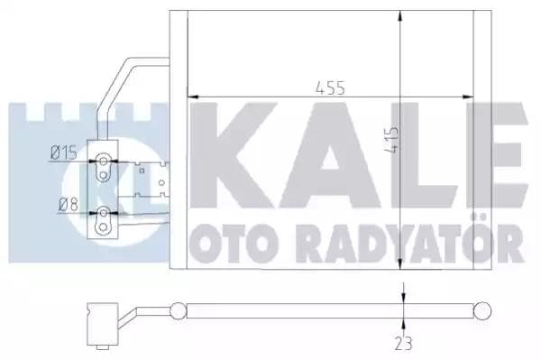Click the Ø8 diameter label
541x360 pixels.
click(x=65, y=203)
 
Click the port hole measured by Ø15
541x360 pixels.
click(x=105, y=161)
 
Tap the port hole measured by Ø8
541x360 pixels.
click(x=105, y=214)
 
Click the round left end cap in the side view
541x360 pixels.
click(x=179, y=311)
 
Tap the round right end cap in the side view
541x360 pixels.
click(x=483, y=311)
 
